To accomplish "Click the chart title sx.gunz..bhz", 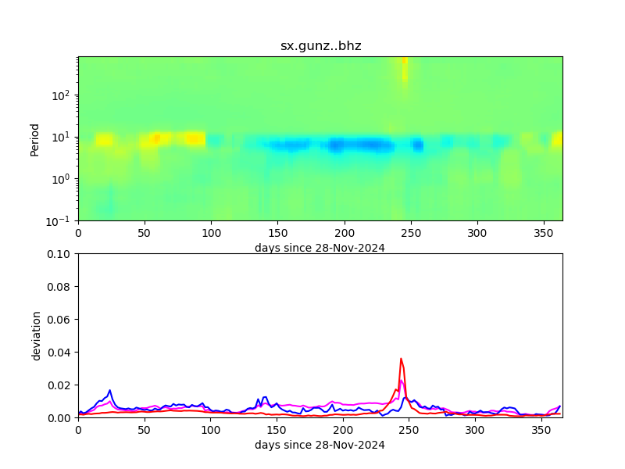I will [320, 46].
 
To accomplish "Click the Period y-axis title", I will [34, 138].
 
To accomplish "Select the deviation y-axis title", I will [36, 335].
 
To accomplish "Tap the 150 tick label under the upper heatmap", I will [277, 233].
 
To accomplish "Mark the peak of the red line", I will [401, 359].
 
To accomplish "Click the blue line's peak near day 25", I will [110, 390].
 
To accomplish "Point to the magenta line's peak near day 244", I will [401, 381].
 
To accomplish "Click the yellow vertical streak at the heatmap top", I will [405, 70].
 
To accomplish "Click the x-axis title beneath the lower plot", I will [320, 446].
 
